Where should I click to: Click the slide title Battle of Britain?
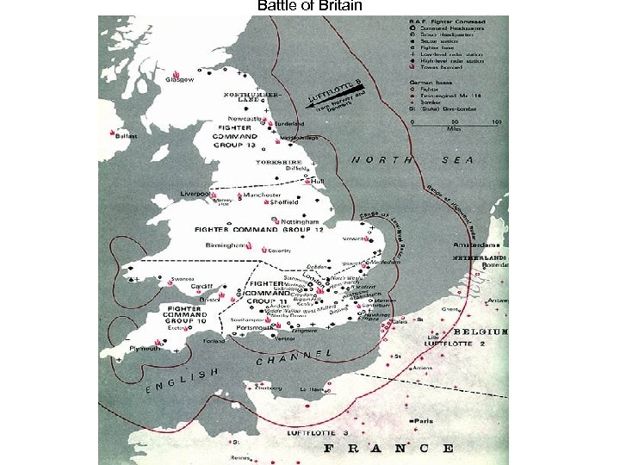(x=310, y=7)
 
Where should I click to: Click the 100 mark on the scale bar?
(x=495, y=123)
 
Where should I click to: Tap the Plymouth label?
(x=143, y=348)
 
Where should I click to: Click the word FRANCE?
(x=387, y=448)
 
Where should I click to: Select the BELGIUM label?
(x=482, y=332)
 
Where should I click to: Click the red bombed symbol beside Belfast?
(x=114, y=132)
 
